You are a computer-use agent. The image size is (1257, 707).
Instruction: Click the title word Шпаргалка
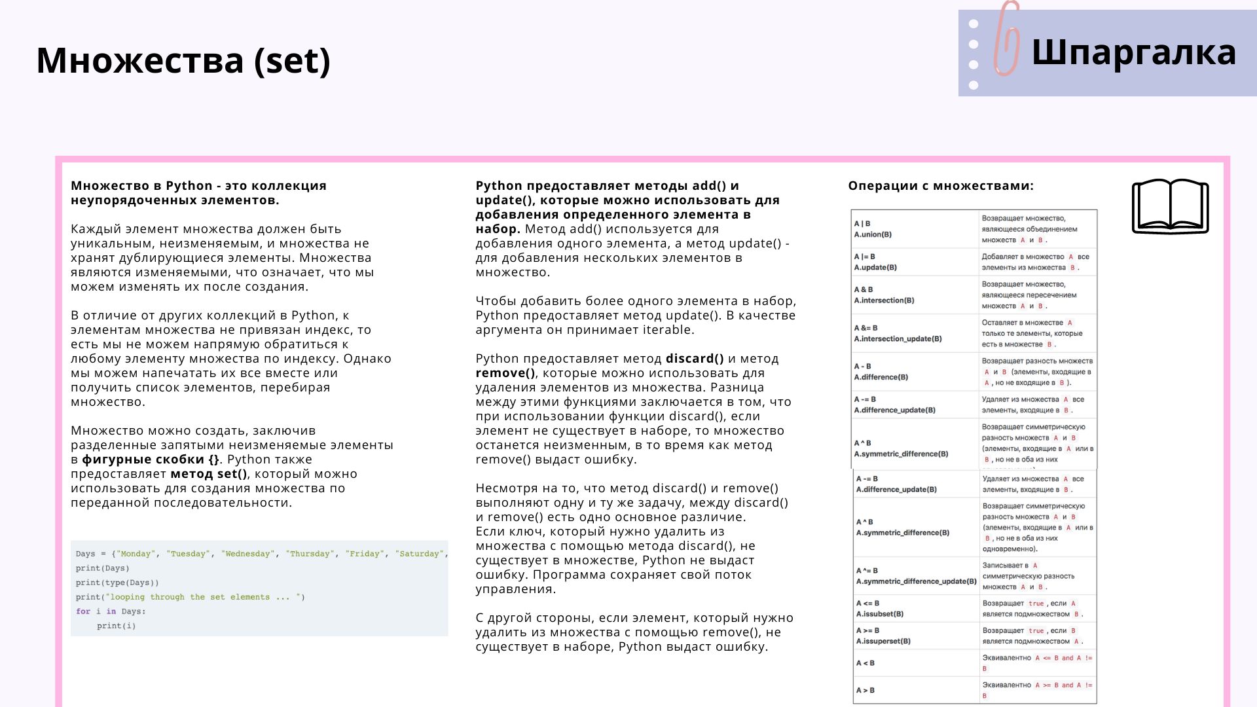tap(1133, 52)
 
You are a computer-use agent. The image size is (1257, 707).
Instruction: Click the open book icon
tap(1170, 206)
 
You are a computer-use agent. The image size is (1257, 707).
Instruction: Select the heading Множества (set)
tap(183, 60)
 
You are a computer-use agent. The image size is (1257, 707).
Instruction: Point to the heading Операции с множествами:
tap(941, 186)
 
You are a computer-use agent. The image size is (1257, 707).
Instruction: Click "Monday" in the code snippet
tap(136, 554)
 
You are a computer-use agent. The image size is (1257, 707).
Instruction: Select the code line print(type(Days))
tap(117, 583)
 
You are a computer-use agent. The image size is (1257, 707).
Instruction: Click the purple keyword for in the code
tap(82, 611)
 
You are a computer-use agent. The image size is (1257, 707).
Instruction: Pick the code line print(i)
tap(117, 626)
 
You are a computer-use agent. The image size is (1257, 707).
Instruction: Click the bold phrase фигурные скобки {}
tap(151, 460)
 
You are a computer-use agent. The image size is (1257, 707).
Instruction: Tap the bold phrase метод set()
tap(209, 474)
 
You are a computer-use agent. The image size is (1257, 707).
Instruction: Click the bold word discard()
tap(695, 359)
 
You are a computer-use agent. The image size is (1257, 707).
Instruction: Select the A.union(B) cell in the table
tap(873, 234)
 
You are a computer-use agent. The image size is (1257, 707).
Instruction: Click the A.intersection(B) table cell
tap(884, 300)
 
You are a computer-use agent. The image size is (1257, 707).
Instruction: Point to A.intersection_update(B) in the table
tap(898, 339)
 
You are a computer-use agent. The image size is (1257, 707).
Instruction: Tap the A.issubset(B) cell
tap(880, 614)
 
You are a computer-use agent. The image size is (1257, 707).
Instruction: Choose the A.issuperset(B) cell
tap(883, 641)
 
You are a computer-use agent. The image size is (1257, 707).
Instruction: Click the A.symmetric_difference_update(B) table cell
tap(916, 581)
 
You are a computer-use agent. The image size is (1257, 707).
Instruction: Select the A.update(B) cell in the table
tap(875, 267)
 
